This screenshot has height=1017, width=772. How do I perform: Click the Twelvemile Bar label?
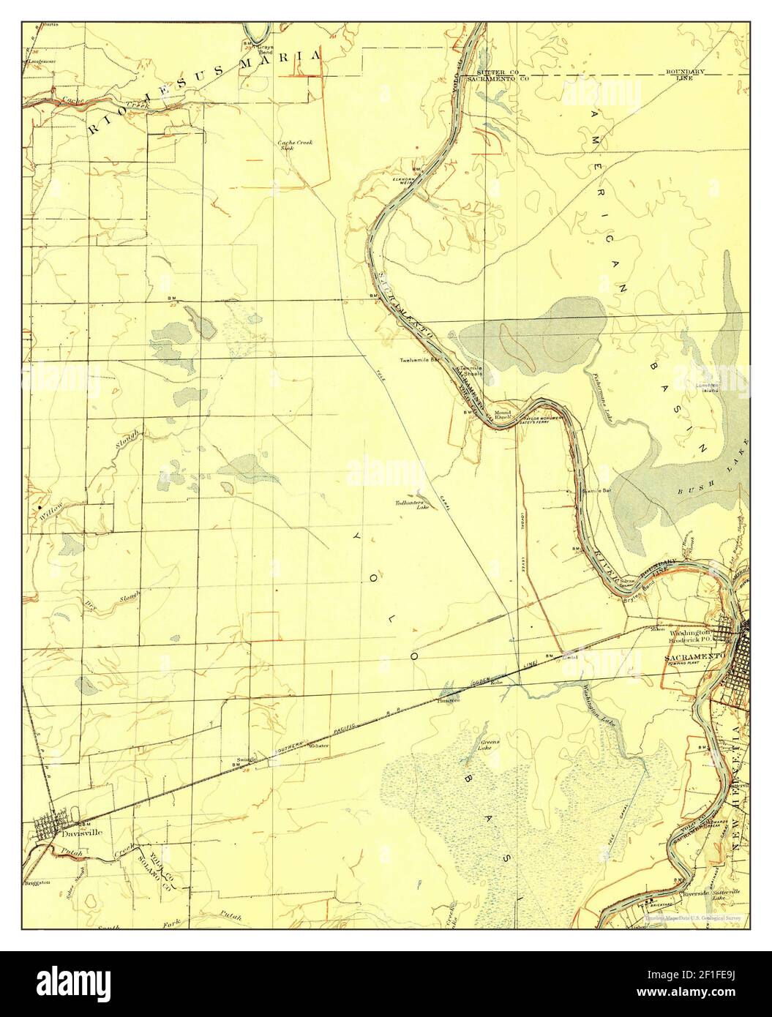coord(419,361)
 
